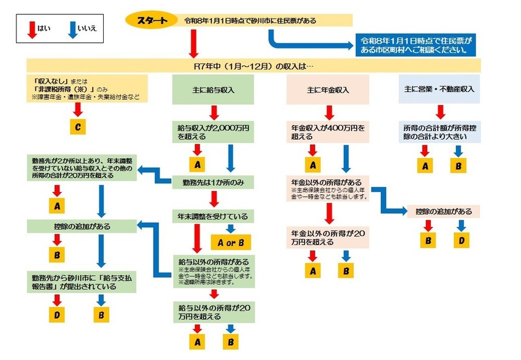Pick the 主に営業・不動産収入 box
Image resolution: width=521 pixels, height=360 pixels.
click(439, 89)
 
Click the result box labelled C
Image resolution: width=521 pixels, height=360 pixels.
click(78, 128)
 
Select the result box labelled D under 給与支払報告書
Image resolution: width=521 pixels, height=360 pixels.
click(56, 315)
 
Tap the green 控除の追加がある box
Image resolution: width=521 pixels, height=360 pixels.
click(83, 225)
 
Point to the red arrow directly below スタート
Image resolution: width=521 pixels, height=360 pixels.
click(193, 44)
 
